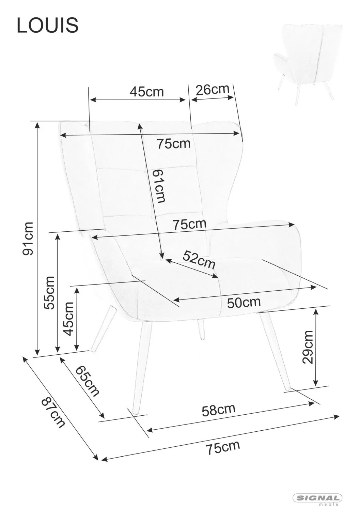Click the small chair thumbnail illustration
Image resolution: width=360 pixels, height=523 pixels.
[x=308, y=65]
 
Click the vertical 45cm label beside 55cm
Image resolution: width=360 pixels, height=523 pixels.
[x=69, y=319]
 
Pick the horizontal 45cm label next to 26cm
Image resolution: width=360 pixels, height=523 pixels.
[x=146, y=92]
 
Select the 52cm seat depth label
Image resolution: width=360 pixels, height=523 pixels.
[x=199, y=259]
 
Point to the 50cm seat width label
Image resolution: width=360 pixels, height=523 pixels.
[x=244, y=302]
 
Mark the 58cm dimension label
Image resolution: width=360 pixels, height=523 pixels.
[x=219, y=410]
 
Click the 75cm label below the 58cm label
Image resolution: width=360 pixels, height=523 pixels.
[x=223, y=447]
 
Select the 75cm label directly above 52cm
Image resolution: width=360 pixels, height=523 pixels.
[x=189, y=225]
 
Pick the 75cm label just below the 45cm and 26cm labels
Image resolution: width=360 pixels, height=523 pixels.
[x=173, y=143]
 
